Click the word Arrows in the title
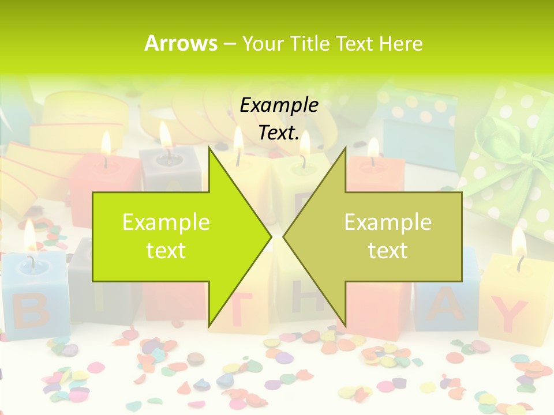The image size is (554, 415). point(181,43)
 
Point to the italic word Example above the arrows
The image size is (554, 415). point(279,105)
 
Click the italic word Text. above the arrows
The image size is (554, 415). point(279,133)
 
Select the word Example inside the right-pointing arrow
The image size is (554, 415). point(166,222)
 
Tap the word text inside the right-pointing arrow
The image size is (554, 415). point(166,251)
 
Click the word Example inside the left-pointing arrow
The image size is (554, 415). point(388,222)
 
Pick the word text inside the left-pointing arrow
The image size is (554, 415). point(388,251)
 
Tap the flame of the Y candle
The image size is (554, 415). point(519,242)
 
